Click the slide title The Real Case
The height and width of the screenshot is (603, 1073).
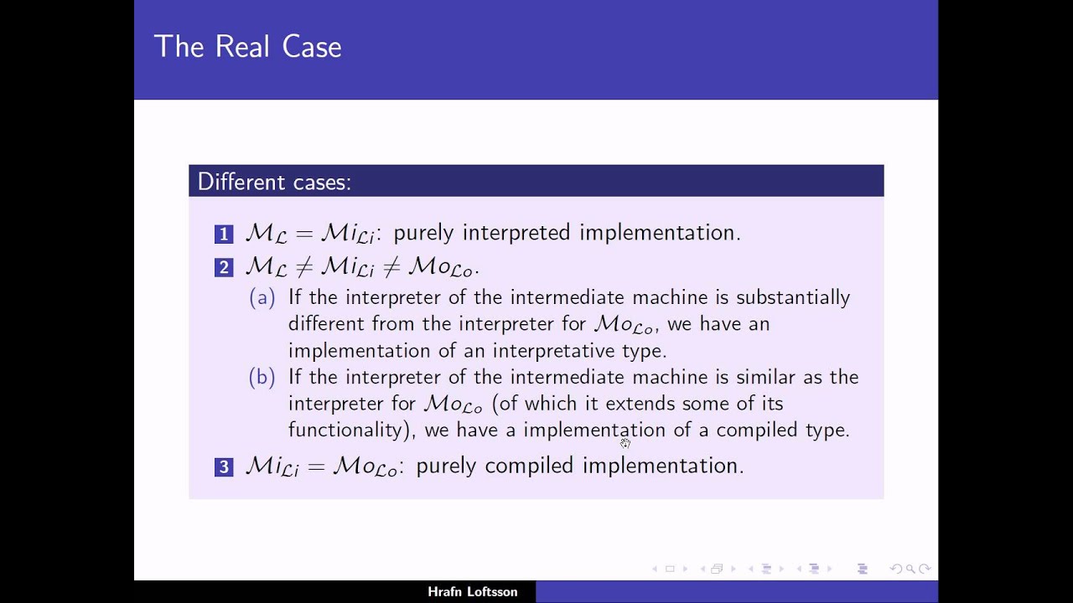[x=247, y=47]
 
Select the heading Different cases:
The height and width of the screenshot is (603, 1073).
[x=273, y=182]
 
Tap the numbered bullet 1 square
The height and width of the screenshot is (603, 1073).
[x=224, y=234]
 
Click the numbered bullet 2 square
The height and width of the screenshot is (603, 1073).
[x=224, y=268]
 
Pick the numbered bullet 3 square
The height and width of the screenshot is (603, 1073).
[x=224, y=467]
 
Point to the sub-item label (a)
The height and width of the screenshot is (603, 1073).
[x=262, y=297]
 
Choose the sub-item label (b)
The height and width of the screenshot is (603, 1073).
[x=262, y=377]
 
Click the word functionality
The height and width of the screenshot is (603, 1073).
[x=345, y=430]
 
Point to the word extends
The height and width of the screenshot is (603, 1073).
[x=640, y=404]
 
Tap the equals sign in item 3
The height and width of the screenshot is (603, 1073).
[x=316, y=466]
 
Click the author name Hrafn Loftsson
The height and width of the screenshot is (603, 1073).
[x=472, y=592]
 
